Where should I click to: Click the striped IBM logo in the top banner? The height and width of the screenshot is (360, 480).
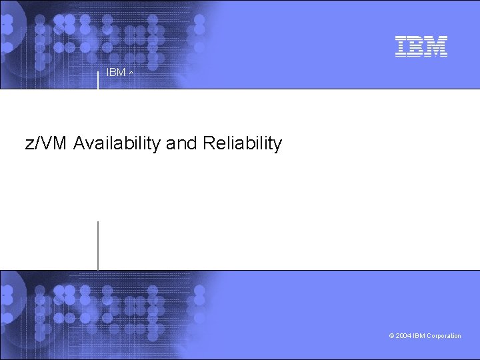421,46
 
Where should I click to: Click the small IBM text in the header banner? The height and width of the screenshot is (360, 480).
116,73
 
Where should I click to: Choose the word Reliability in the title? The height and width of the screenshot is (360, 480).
241,143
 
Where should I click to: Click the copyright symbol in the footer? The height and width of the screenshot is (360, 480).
391,336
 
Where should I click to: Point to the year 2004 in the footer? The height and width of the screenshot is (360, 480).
403,336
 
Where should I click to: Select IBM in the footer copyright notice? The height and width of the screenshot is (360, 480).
419,336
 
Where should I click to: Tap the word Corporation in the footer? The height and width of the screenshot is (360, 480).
444,336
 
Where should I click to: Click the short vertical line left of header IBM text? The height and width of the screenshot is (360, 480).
99,78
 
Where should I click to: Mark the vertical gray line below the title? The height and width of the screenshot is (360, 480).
98,245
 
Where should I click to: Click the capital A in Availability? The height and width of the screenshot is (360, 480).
80,143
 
